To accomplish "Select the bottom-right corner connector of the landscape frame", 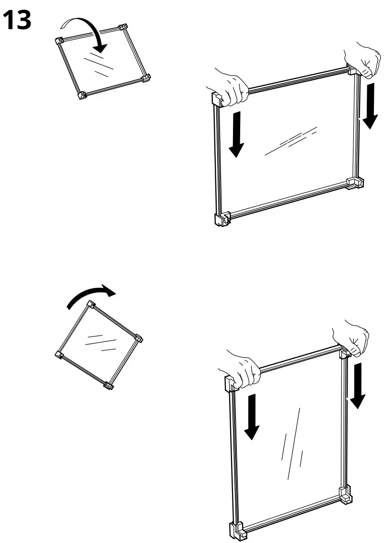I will (355, 183).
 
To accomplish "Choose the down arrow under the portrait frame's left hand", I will (252, 417).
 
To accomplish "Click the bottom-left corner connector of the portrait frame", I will (237, 530).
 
